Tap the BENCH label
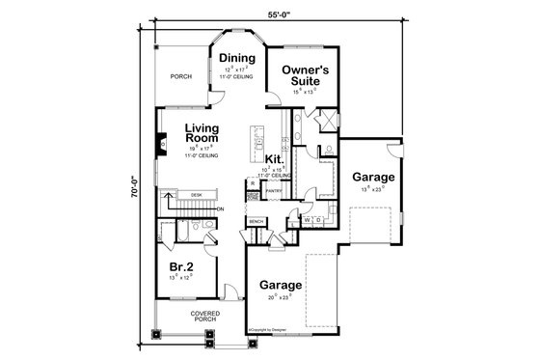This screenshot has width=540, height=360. pos(256,222)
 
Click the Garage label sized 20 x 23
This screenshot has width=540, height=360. pos(280,287)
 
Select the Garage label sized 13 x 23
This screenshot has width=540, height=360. pos(371,178)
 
